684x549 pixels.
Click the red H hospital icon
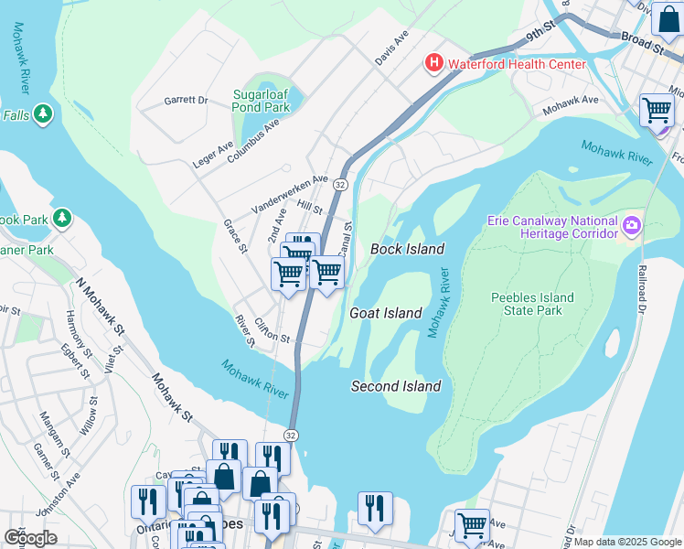point(433,63)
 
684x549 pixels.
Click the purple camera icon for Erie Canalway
point(630,225)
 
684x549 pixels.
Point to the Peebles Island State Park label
point(532,304)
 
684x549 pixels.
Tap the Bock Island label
point(407,249)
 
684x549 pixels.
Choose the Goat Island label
point(386,313)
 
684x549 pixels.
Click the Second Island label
point(396,386)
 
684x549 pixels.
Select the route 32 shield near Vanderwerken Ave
point(339,184)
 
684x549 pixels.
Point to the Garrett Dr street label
point(187,100)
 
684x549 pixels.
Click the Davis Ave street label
point(390,47)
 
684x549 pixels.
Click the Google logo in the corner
point(31,537)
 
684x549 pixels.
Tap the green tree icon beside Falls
point(42,113)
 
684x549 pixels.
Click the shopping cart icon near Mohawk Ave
point(657,110)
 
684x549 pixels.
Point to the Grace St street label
point(236,236)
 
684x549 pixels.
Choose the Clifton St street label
point(273,330)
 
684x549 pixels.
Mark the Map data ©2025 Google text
point(626,542)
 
